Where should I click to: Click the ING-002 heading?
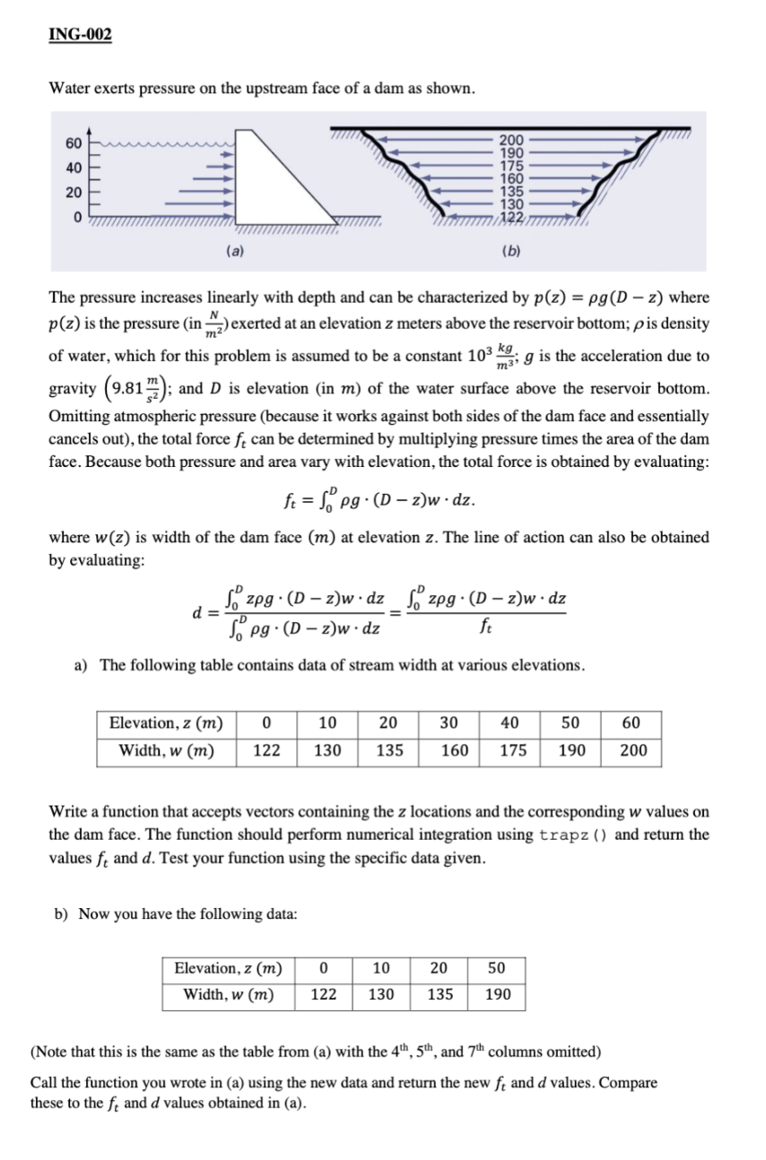(x=81, y=35)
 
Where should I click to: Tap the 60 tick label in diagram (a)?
(x=73, y=143)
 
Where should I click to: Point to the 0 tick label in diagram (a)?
(x=77, y=217)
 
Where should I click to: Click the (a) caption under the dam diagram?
(x=231, y=252)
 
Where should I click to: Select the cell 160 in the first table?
(x=454, y=750)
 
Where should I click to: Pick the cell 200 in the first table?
(x=633, y=750)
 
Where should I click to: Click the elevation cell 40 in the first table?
(x=512, y=723)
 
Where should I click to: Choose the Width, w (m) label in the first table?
(x=167, y=750)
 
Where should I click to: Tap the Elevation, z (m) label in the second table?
(x=229, y=967)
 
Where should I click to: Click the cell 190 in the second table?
(x=498, y=995)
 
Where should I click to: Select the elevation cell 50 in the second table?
(x=497, y=967)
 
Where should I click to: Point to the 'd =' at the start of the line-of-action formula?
(x=198, y=612)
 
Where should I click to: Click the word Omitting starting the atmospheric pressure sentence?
(x=79, y=416)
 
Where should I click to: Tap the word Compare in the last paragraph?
(x=628, y=1082)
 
